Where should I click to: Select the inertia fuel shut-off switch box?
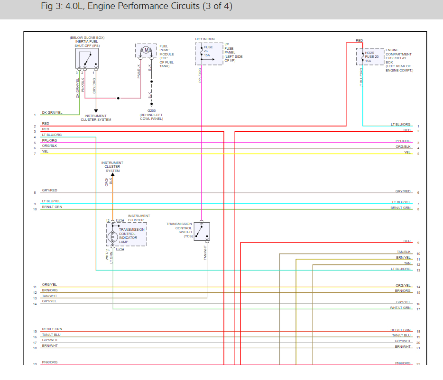coord(87,58)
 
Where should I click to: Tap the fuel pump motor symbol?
coord(147,50)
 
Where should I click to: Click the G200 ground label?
coord(152,110)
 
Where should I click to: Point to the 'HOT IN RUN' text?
coord(204,39)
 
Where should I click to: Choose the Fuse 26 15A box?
coord(209,54)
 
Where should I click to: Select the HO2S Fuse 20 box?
coord(370,56)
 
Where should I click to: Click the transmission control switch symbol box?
coord(202,231)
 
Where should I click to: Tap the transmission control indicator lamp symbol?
coord(112,236)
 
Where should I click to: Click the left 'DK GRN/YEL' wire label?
coord(52,113)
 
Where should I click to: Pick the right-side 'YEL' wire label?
coord(407,153)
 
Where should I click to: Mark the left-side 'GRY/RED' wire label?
coord(49,190)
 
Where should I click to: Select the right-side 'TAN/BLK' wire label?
coord(404,252)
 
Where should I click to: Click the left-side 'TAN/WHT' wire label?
coord(49,296)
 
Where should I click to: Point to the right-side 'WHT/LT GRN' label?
coord(400,308)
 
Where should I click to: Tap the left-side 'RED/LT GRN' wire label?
coord(52,329)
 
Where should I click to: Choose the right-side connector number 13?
coord(418,271)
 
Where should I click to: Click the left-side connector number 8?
coord(35,193)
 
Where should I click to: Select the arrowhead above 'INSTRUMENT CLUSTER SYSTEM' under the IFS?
coord(96,111)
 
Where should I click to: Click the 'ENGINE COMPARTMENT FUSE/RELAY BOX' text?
coord(398,60)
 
